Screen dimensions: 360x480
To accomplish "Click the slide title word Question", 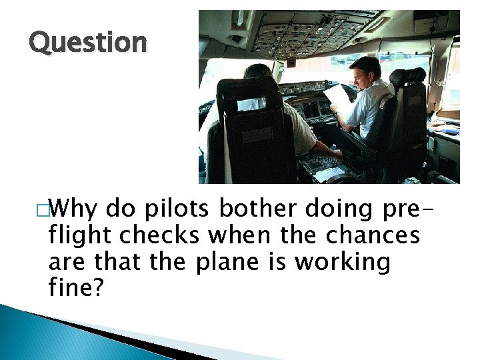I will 87,43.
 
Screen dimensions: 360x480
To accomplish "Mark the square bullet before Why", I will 42,210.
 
